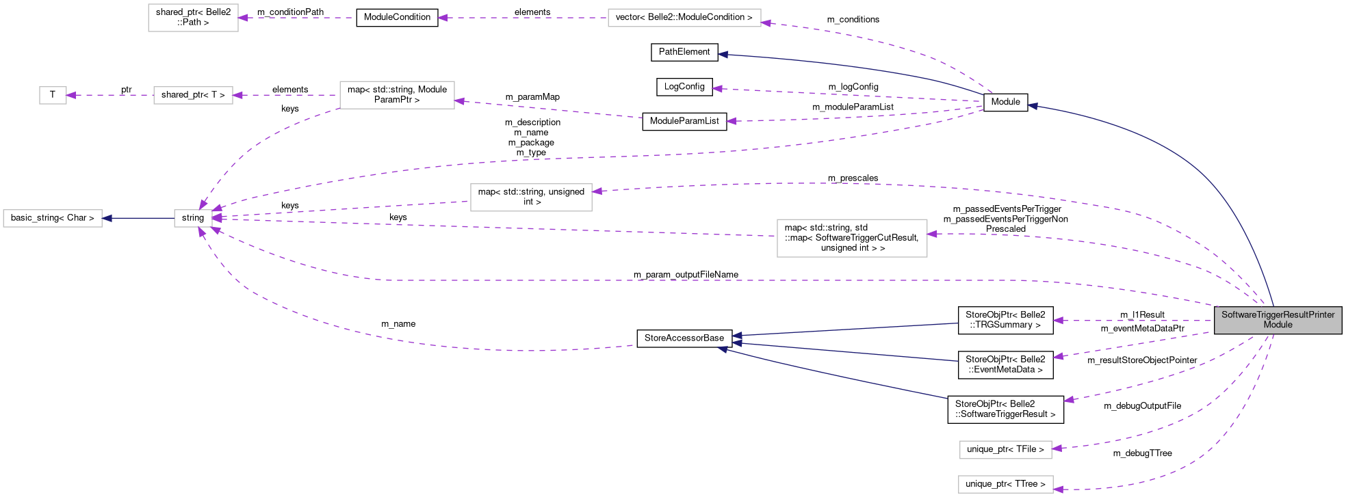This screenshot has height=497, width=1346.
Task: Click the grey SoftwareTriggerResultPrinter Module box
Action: click(x=1278, y=320)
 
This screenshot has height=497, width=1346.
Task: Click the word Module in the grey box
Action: click(x=1278, y=325)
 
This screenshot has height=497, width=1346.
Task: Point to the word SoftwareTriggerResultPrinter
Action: click(x=1278, y=314)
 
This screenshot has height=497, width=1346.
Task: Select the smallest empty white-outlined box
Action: click(x=53, y=95)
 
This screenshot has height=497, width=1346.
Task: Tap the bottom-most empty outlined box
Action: click(x=1005, y=484)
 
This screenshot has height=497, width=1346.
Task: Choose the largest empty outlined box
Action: click(x=852, y=238)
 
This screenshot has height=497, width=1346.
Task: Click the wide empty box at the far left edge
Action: click(x=53, y=218)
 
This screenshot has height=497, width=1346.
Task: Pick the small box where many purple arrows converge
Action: click(x=193, y=218)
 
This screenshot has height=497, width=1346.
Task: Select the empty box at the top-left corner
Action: click(x=193, y=18)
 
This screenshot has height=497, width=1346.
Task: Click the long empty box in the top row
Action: click(x=684, y=18)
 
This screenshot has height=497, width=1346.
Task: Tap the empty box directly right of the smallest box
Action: click(x=193, y=95)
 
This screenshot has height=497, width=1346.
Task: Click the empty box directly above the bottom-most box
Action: click(x=1005, y=450)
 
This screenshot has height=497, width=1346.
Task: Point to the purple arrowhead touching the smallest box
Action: click(x=71, y=95)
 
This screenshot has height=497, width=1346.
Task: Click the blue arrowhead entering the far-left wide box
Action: click(x=107, y=218)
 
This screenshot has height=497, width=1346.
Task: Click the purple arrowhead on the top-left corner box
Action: click(x=243, y=18)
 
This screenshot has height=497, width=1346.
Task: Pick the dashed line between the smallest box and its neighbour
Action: click(x=109, y=95)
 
